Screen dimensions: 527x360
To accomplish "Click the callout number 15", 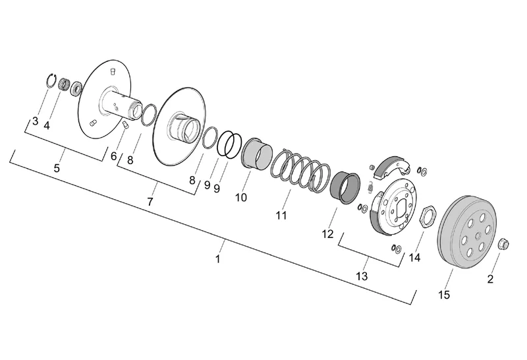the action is point(444,295).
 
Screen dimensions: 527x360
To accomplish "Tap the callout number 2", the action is point(490,279).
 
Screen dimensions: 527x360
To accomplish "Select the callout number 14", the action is point(414,258).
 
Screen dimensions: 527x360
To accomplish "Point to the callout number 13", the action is point(362,276).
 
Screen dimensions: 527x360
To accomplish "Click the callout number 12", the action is point(327,234).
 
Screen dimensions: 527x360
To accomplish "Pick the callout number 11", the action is point(281,215).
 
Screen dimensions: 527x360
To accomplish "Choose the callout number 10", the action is point(241,198).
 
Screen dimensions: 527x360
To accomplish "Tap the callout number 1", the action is point(218,259).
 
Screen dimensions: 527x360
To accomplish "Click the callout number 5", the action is point(57,168).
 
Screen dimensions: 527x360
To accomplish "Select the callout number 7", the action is point(150,202).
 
